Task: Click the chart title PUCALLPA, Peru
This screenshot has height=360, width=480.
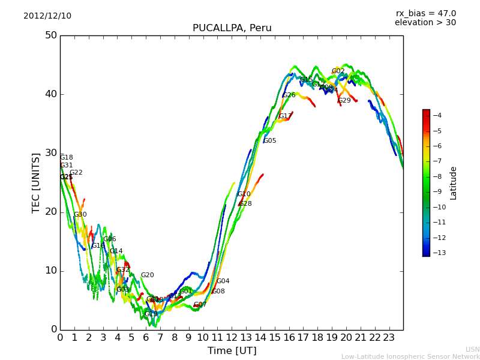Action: point(232,28)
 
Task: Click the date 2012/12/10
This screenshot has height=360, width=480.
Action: point(47,16)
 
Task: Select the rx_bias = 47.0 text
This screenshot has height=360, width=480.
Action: point(425,14)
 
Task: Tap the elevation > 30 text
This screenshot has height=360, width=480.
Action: point(425,23)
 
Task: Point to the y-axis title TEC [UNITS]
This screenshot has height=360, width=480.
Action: point(36,182)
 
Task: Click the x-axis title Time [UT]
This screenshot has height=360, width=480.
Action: point(232,351)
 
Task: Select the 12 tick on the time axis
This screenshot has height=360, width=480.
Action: point(232,338)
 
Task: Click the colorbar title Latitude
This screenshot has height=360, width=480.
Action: point(454,183)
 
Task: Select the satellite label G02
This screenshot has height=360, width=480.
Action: point(338,71)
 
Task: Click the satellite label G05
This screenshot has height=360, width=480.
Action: point(270,141)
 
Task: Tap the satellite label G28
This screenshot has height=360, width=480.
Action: point(245,204)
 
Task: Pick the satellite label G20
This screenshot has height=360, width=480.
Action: point(148,275)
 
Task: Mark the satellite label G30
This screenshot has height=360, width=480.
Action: point(80,215)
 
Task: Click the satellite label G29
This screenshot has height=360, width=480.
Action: point(344,101)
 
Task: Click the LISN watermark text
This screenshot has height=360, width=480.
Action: point(473,349)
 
